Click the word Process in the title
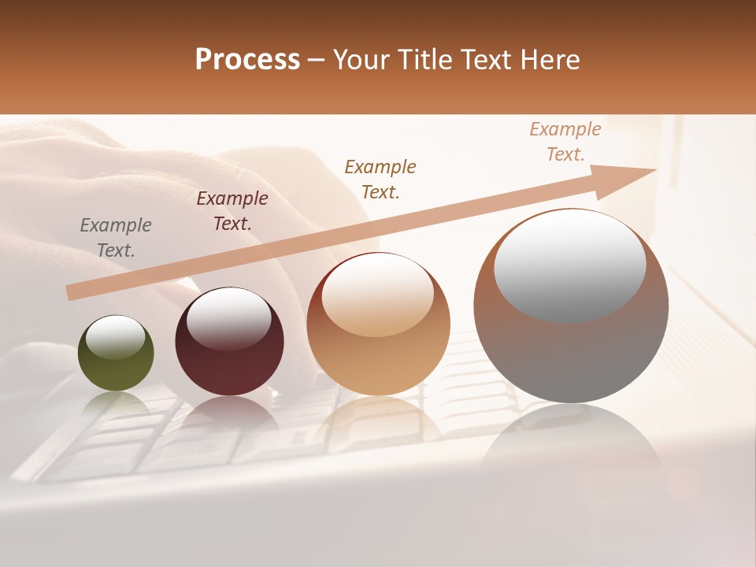[247, 60]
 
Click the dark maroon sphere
[229, 341]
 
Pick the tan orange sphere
[378, 324]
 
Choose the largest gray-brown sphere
[571, 306]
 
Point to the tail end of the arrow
[72, 292]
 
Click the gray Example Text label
[116, 238]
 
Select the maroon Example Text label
[232, 211]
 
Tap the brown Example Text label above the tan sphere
[380, 179]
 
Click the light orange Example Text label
[565, 142]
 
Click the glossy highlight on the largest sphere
[569, 265]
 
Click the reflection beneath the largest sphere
[571, 441]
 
